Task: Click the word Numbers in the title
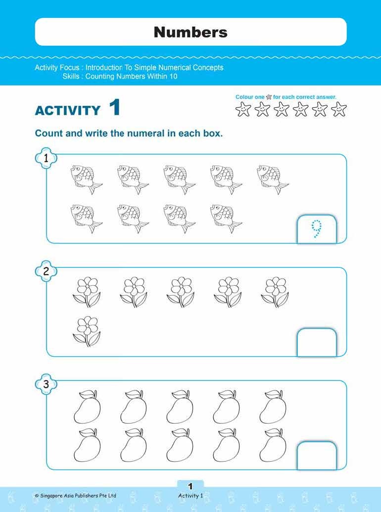[190, 32]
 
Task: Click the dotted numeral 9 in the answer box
[317, 230]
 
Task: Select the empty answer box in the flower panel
[317, 342]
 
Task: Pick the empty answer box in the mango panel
[317, 455]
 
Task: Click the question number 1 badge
[46, 158]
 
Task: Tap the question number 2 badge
[46, 271]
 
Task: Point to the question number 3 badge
[46, 384]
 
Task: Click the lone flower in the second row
[87, 331]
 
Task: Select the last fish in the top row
[273, 179]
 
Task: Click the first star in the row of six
[243, 109]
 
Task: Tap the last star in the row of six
[339, 109]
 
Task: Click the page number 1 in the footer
[190, 487]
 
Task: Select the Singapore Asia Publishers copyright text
[75, 495]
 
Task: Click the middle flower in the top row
[181, 292]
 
